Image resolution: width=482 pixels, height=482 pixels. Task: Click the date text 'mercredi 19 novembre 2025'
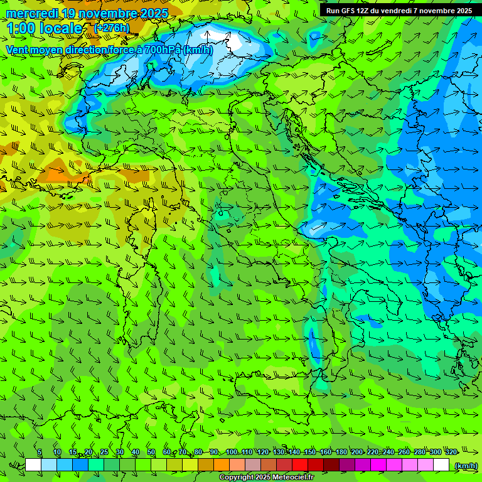87,13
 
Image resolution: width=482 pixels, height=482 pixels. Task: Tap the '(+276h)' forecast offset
112,28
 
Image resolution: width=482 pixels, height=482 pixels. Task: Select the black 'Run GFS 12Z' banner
399,10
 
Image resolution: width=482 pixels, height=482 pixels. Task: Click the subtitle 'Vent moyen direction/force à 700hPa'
94,50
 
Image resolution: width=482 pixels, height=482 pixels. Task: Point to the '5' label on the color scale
40,453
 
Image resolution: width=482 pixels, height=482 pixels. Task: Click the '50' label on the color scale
151,453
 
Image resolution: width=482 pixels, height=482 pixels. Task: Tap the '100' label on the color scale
231,453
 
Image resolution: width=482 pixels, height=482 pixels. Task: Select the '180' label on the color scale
341,453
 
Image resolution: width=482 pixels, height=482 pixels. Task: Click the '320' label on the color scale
451,453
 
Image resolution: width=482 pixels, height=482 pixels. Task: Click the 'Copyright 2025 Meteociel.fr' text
266,478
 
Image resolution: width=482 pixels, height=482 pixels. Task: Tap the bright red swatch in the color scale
300,465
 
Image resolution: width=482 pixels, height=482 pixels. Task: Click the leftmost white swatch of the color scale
33,465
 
